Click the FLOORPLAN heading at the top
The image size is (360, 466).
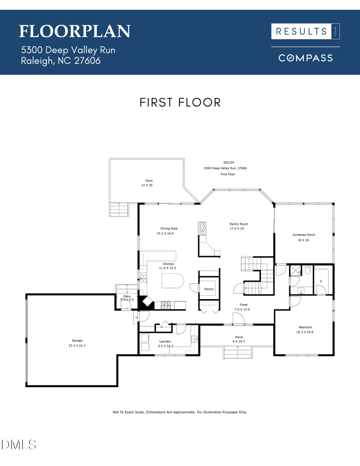point(75,31)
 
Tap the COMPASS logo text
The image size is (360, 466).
point(306,58)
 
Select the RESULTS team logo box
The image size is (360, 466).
point(306,31)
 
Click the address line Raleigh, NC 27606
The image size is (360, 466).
point(61,61)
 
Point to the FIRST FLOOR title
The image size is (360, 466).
point(180,102)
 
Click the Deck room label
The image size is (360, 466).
point(149,181)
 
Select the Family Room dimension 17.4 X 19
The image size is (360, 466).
point(238,229)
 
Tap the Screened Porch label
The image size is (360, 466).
point(304,235)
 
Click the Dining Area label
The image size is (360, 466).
point(169,228)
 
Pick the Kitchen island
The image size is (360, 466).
point(172,282)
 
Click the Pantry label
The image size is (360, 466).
point(209,289)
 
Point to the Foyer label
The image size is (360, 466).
point(243,305)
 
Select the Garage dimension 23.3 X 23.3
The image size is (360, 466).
point(77,346)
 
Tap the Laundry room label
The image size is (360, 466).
point(166,341)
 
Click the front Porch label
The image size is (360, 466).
point(239,337)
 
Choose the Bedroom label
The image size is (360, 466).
point(305,327)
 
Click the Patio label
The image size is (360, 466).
point(127,296)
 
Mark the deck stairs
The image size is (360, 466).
point(119,209)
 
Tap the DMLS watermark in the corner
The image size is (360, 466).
point(19,445)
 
